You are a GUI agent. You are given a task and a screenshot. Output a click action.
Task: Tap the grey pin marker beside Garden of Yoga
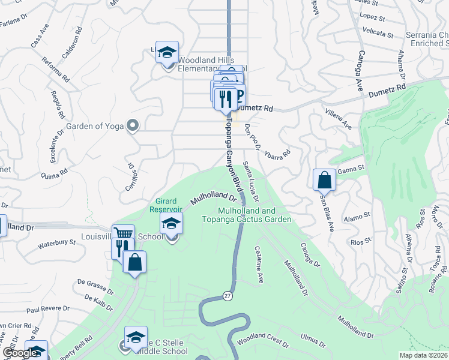(133, 125)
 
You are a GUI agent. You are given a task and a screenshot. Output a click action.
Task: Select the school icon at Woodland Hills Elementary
(167, 53)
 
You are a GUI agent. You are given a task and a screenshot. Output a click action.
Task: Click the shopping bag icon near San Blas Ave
(324, 179)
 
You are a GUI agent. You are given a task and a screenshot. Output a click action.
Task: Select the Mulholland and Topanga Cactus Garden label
(255, 215)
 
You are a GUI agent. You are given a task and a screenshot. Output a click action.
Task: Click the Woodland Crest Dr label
(262, 343)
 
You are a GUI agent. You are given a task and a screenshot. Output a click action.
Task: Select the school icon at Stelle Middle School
(136, 338)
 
